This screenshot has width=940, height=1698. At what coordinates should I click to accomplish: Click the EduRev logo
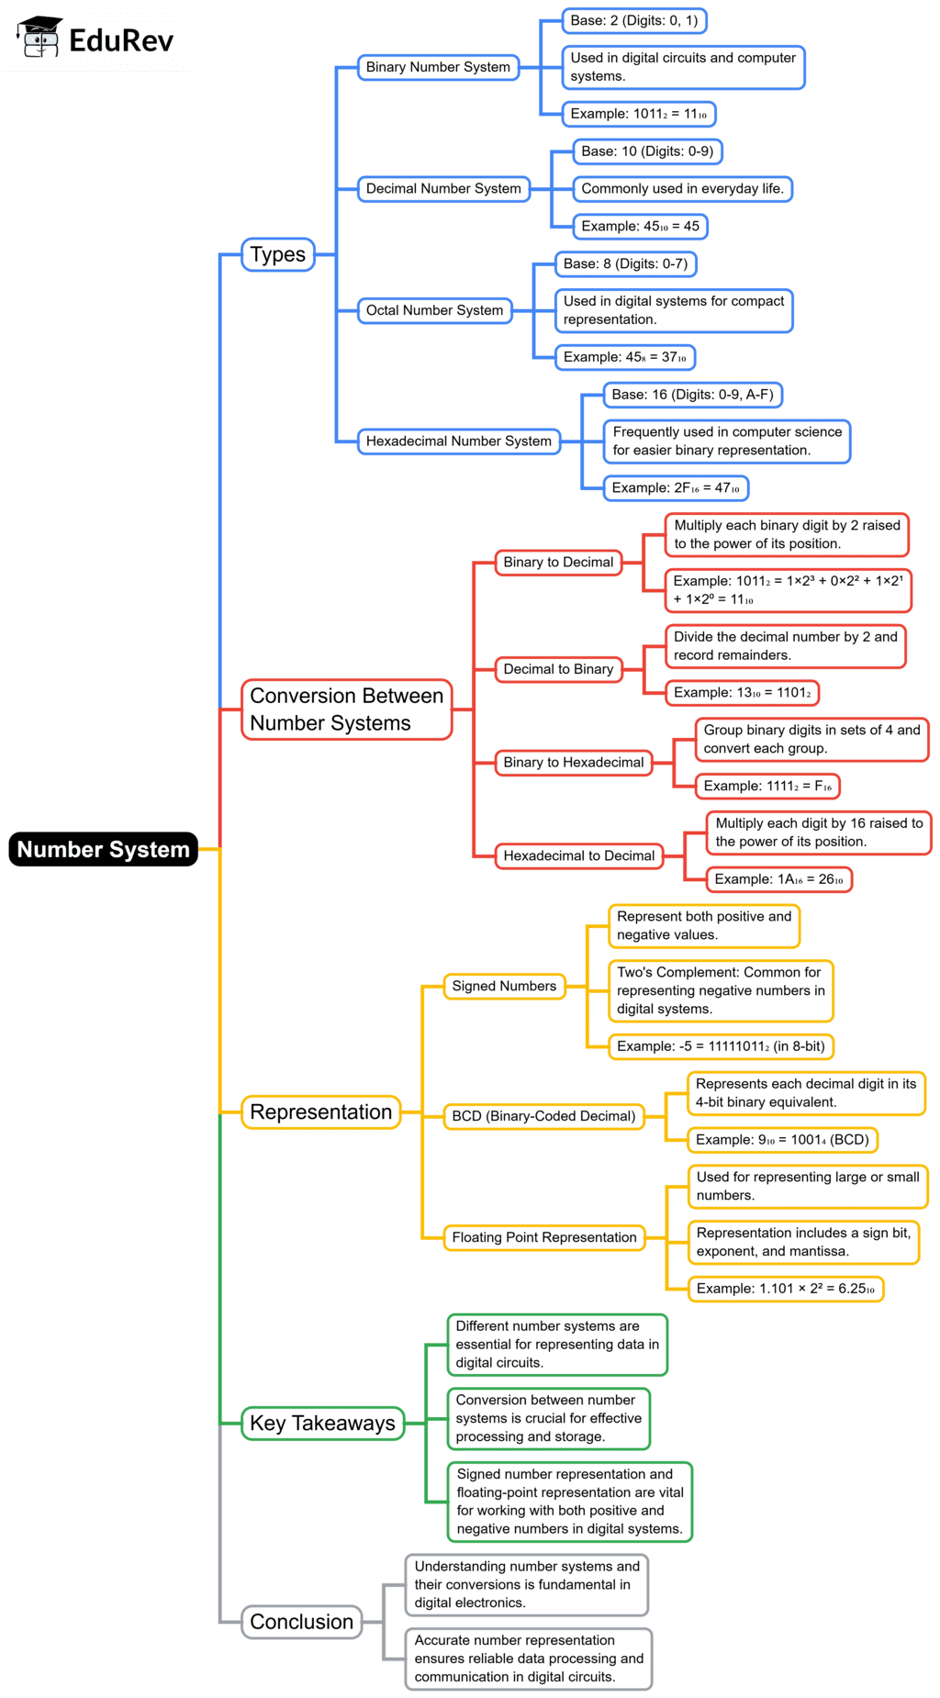[96, 38]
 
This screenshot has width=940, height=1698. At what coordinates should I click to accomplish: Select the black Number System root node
[104, 849]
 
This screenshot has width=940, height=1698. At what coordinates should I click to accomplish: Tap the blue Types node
[277, 254]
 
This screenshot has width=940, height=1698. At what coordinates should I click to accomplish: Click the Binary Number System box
[438, 67]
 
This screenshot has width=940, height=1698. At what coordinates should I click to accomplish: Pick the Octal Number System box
[434, 310]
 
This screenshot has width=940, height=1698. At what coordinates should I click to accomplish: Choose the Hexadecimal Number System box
[458, 441]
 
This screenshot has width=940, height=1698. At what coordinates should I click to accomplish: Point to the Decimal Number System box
[443, 189]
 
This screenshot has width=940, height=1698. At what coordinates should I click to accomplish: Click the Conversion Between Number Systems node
[346, 709]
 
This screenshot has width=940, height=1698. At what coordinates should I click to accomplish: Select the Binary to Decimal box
[557, 562]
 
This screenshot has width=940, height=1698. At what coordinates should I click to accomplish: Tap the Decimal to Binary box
[558, 669]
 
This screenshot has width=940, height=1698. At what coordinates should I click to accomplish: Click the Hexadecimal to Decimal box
[578, 855]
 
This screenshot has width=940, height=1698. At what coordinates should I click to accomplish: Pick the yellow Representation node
[320, 1112]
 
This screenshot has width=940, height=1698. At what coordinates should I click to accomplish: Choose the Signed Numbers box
[504, 986]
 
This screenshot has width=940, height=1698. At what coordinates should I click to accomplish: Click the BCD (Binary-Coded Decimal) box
[543, 1116]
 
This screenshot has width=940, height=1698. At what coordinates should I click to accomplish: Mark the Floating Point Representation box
[544, 1237]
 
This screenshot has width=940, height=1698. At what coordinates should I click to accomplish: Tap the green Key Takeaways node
[322, 1424]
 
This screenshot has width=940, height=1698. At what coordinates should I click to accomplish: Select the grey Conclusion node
[301, 1622]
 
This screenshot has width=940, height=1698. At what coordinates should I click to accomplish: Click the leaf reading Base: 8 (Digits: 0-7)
[625, 263]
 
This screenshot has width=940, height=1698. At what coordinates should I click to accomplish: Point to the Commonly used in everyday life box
[682, 189]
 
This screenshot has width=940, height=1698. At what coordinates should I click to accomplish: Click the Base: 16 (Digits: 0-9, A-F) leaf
[693, 395]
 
